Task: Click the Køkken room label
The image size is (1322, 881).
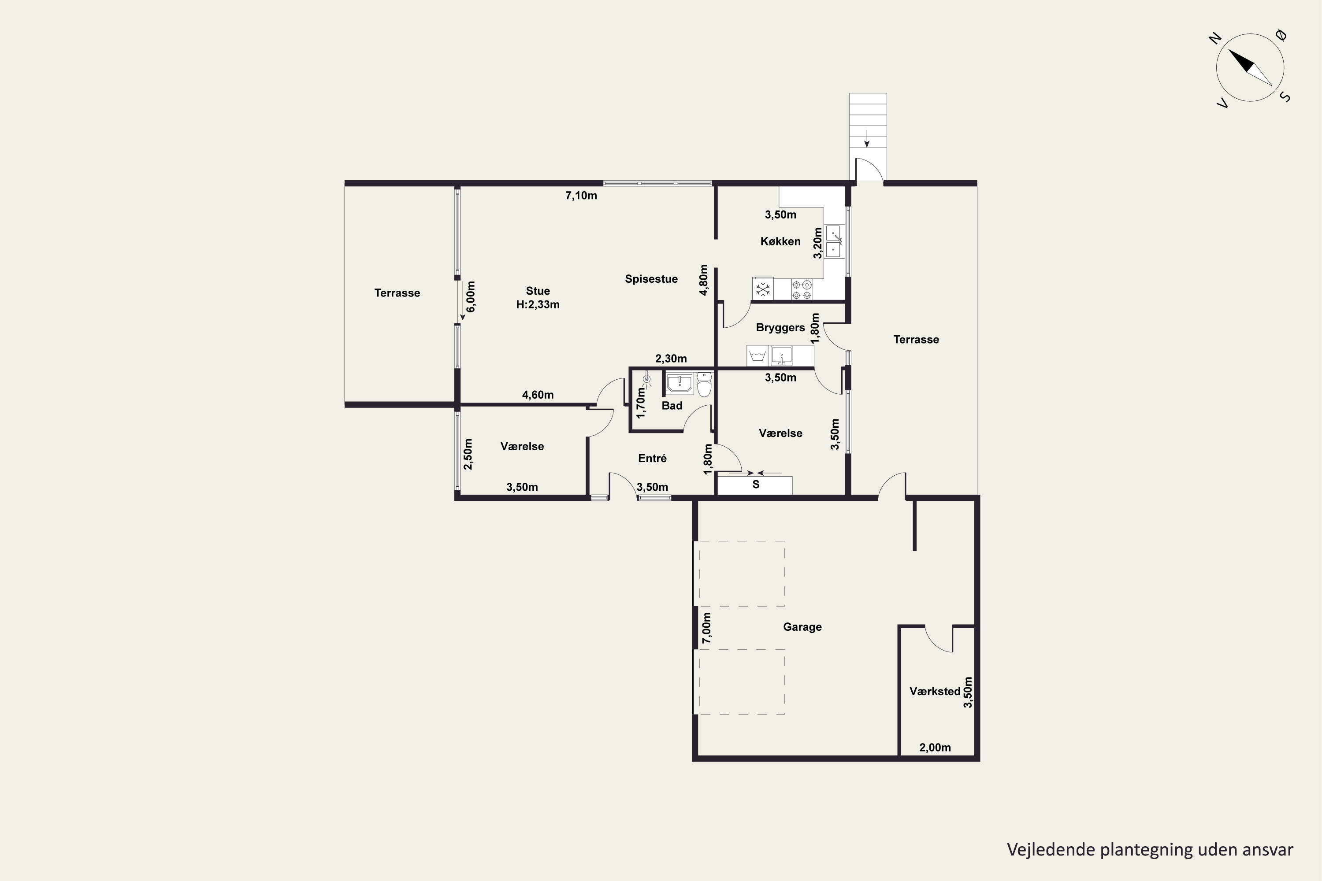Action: click(780, 241)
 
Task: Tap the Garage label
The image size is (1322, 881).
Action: click(802, 627)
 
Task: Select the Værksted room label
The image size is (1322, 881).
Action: click(935, 692)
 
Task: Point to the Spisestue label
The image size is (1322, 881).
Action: click(651, 279)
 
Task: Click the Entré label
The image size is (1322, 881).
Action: click(652, 459)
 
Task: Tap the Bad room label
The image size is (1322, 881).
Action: click(672, 406)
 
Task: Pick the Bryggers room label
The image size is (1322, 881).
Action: click(780, 328)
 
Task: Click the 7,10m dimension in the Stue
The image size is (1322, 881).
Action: click(581, 196)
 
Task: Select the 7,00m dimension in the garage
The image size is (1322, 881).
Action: click(706, 628)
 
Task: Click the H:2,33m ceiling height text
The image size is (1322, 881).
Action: click(538, 304)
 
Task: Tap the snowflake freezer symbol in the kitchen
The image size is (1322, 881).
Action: click(763, 289)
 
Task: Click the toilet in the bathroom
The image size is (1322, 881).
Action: click(704, 384)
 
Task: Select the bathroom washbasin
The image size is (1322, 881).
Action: click(680, 383)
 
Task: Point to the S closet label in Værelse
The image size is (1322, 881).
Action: click(756, 484)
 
